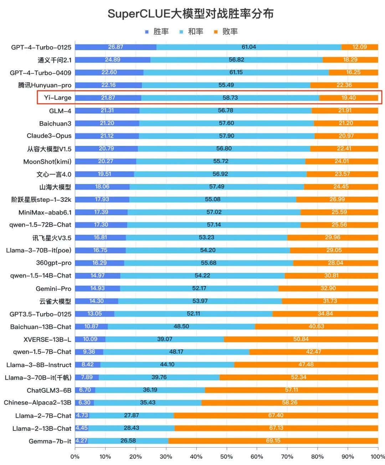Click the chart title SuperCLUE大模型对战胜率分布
click(x=191, y=14)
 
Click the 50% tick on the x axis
click(x=226, y=456)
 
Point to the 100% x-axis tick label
click(x=378, y=456)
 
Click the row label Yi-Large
click(x=57, y=98)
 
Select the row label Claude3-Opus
click(x=49, y=136)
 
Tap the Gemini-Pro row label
click(x=53, y=289)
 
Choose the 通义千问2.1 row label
click(x=55, y=60)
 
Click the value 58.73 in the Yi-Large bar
click(x=230, y=98)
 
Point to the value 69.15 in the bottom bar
click(x=273, y=441)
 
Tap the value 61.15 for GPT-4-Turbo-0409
click(x=236, y=73)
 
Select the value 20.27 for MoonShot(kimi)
click(x=106, y=162)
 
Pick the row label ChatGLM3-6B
click(x=49, y=390)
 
